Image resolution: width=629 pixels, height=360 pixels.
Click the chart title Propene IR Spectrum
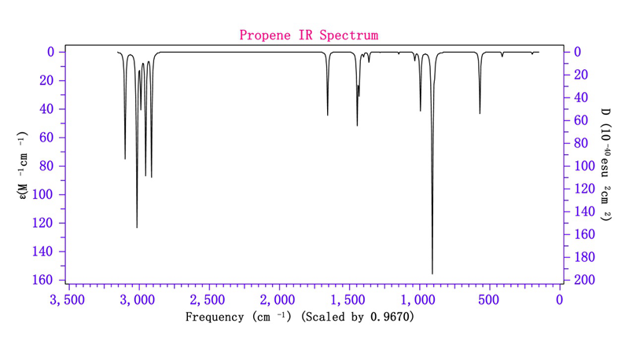point(309,35)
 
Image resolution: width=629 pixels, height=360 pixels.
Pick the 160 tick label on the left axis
point(43,280)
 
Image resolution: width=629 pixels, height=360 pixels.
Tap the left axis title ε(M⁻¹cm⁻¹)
point(24,166)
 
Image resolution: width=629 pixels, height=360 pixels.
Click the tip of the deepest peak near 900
point(432,273)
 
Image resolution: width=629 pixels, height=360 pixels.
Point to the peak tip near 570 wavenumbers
point(480,113)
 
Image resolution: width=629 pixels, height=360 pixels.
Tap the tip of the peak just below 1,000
point(420,110)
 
